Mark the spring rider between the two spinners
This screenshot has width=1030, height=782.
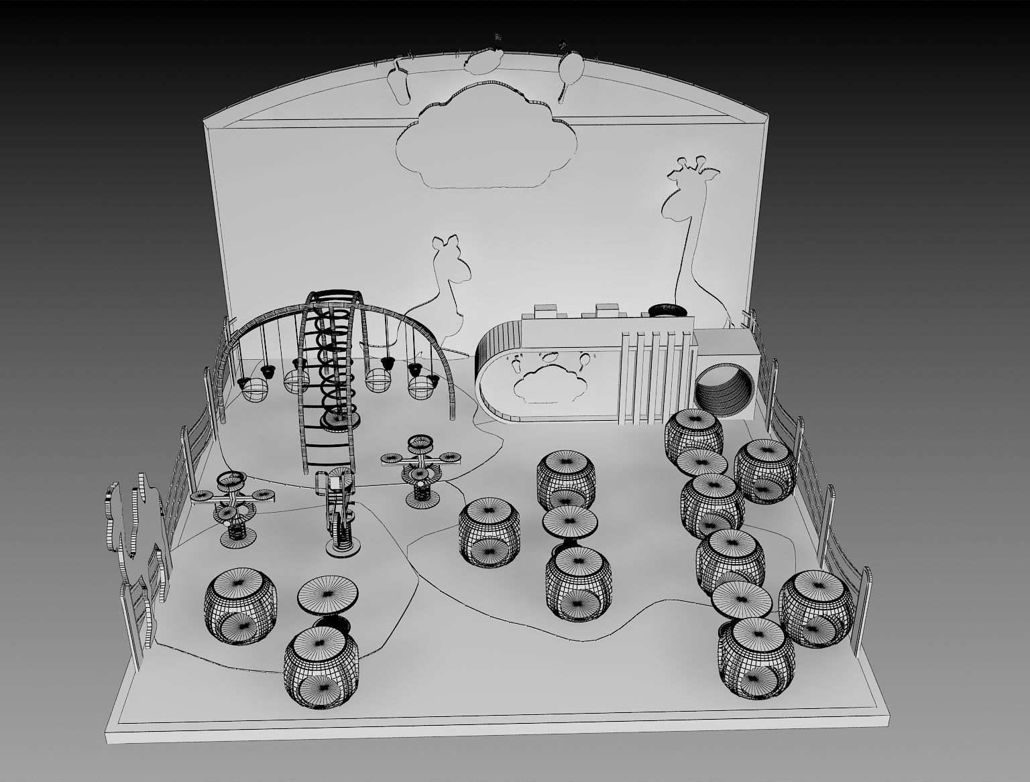coord(340,513)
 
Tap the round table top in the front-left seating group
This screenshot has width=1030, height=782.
coord(327,594)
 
